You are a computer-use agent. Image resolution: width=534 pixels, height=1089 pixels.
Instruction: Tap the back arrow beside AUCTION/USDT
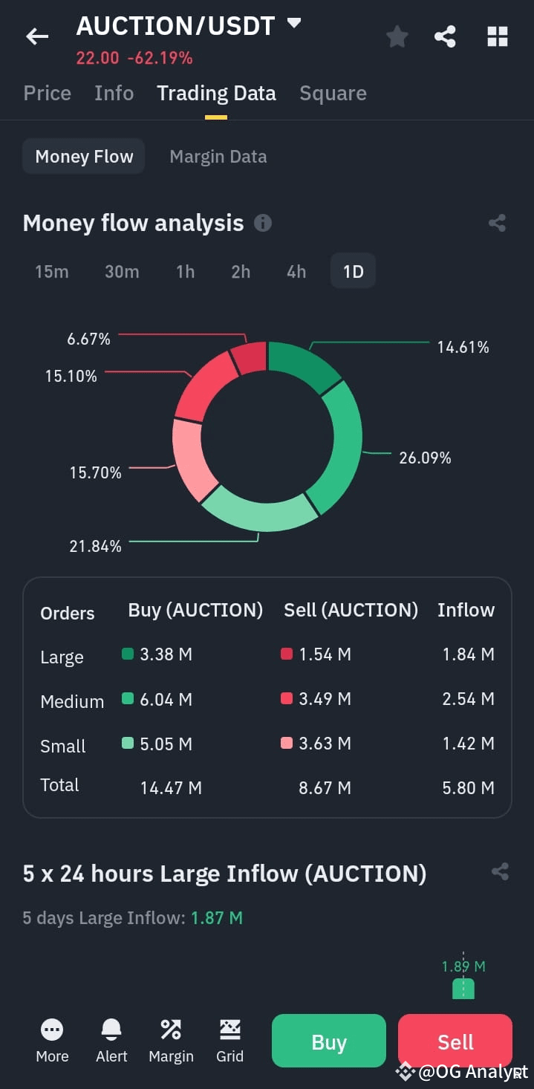tap(37, 36)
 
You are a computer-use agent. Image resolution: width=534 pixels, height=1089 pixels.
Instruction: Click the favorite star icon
tap(397, 36)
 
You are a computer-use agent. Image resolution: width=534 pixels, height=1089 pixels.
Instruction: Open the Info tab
tap(114, 93)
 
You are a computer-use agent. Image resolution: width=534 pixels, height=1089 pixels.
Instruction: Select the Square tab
tap(333, 93)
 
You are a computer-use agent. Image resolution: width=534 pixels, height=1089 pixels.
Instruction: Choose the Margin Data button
tap(218, 157)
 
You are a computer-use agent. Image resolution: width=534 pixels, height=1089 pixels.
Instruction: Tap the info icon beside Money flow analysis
tap(263, 223)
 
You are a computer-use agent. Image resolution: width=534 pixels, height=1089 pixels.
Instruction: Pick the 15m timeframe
tap(52, 271)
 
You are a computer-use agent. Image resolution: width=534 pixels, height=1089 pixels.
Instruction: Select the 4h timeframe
tap(296, 271)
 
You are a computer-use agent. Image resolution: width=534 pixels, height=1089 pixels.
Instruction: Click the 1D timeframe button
tap(354, 271)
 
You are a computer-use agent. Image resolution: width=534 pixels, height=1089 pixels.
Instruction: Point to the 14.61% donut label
tap(463, 347)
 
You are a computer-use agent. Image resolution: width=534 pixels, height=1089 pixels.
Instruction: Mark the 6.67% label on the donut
tap(89, 339)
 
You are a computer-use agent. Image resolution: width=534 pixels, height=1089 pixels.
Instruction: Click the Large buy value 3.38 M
tap(166, 654)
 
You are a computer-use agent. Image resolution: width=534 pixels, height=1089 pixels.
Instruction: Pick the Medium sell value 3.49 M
tap(325, 698)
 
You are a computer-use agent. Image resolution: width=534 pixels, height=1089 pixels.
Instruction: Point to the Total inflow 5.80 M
tap(469, 787)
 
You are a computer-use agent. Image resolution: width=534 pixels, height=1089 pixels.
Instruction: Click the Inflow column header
tap(466, 610)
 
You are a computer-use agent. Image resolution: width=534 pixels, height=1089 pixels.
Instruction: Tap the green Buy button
tap(329, 1041)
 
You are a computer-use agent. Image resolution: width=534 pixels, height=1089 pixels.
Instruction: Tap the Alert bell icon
tap(111, 1029)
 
